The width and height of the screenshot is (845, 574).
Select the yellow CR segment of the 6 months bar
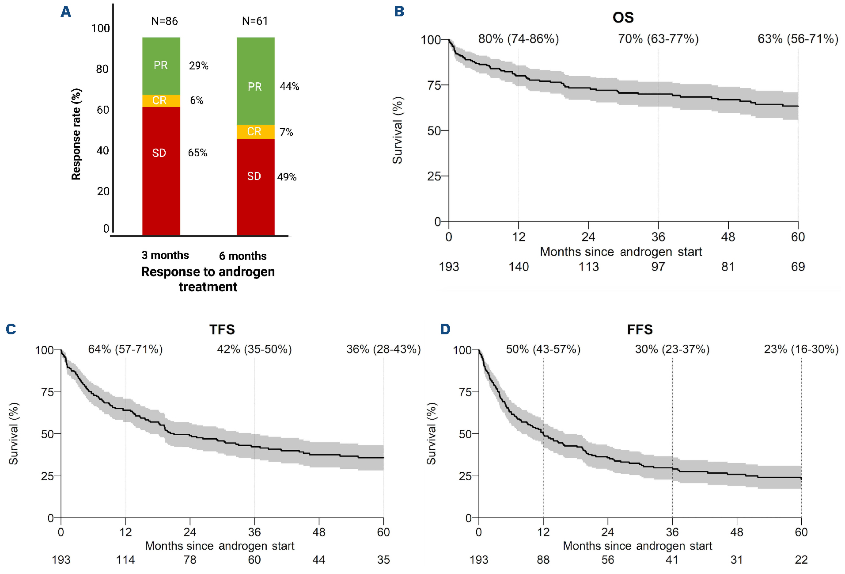255,131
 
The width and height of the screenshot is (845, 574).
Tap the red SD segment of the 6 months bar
255,186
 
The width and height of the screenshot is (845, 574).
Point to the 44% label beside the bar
289,86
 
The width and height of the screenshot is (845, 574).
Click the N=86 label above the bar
164,21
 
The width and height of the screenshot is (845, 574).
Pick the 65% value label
197,153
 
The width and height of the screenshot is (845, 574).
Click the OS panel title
623,17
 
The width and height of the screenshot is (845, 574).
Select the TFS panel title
222,329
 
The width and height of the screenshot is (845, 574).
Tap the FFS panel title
640,329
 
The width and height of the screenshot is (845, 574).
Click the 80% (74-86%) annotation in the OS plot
519,39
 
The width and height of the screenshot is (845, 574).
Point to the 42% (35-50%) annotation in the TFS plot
254,349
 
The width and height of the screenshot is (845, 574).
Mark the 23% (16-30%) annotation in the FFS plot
801,349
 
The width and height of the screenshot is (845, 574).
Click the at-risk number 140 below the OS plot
519,267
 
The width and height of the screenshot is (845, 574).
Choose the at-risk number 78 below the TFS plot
190,560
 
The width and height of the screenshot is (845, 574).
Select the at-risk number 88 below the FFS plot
543,560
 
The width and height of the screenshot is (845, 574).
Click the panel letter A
66,11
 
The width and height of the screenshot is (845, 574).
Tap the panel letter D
445,329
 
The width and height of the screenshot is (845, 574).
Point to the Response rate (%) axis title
76,134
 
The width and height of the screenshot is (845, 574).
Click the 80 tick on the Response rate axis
102,69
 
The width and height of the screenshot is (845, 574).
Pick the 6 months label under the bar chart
243,256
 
